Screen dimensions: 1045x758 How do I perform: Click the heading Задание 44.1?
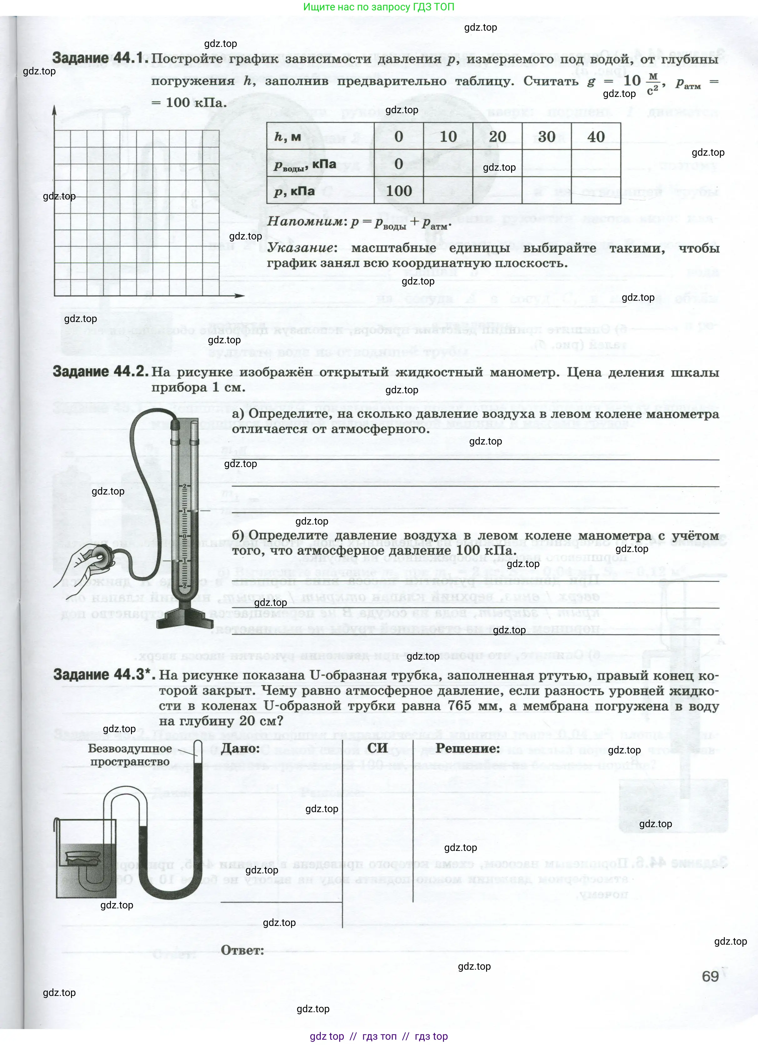click(100, 58)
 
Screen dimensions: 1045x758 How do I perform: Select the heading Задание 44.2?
click(100, 372)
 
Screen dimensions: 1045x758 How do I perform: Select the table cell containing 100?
click(399, 190)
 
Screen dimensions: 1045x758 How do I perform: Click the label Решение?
click(468, 748)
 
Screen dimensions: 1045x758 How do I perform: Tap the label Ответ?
click(242, 951)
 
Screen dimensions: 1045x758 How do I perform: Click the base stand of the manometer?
click(185, 618)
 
